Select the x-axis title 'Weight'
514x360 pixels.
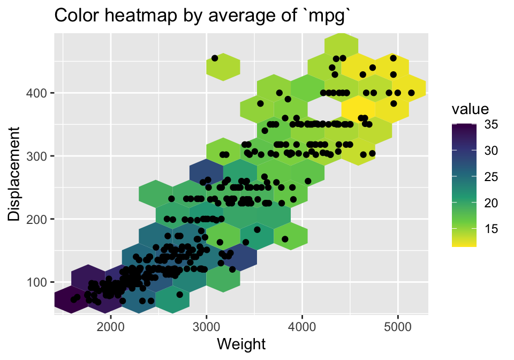(x=241, y=343)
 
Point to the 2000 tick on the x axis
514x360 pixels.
(x=111, y=326)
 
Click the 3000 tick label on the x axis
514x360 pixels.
(x=207, y=326)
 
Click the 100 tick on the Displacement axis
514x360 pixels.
(x=37, y=282)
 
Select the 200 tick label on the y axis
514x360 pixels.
(x=37, y=219)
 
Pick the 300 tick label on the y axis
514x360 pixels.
(x=37, y=156)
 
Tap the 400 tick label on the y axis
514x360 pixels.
(x=37, y=93)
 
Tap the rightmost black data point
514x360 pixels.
(x=411, y=93)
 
